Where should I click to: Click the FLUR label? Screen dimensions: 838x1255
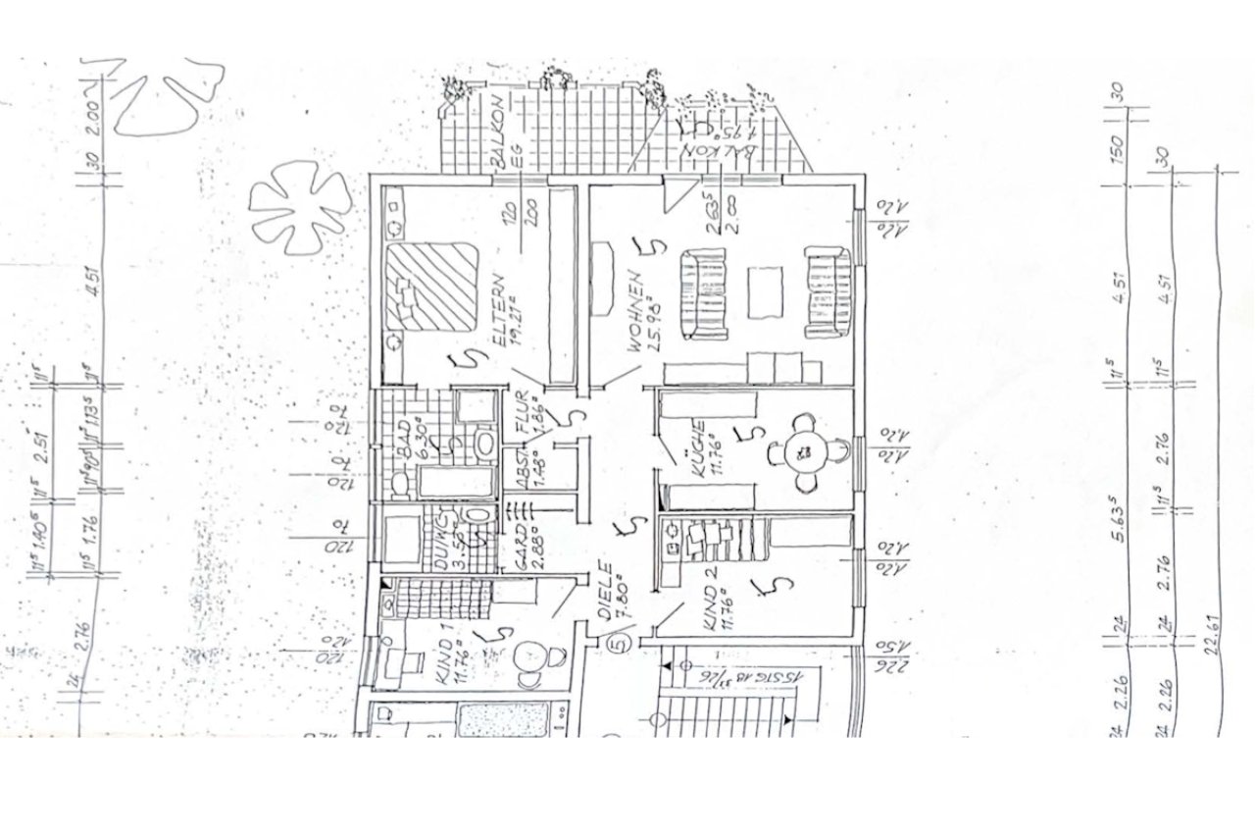point(522,412)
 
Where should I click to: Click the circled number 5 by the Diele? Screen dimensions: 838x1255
point(618,645)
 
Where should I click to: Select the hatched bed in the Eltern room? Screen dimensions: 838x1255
point(430,286)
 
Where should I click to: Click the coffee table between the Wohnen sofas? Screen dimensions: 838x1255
point(765,292)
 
